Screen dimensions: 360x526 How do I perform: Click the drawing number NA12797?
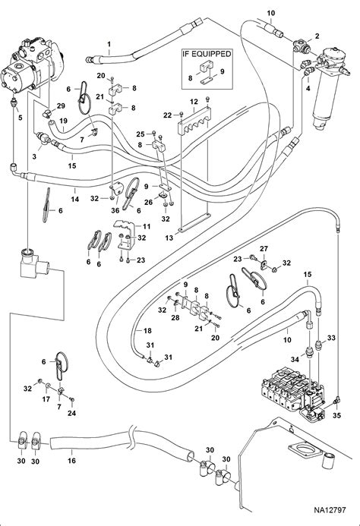[330, 510]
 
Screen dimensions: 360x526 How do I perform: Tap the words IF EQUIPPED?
[207, 54]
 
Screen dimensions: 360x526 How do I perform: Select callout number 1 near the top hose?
[109, 44]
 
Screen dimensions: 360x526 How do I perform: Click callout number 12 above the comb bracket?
[194, 101]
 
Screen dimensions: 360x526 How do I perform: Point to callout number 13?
[169, 238]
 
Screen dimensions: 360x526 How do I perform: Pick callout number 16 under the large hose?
[72, 461]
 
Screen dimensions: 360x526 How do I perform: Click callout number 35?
[336, 415]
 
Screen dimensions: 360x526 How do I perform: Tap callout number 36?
[115, 211]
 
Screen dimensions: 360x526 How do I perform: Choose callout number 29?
[61, 106]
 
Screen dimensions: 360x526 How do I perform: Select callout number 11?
[147, 226]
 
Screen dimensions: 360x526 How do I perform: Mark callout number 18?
[147, 330]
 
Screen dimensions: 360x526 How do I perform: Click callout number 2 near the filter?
[317, 36]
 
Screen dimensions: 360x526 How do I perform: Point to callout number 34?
[295, 360]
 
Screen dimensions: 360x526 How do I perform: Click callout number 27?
[264, 248]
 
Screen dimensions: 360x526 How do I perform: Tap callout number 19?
[64, 121]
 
